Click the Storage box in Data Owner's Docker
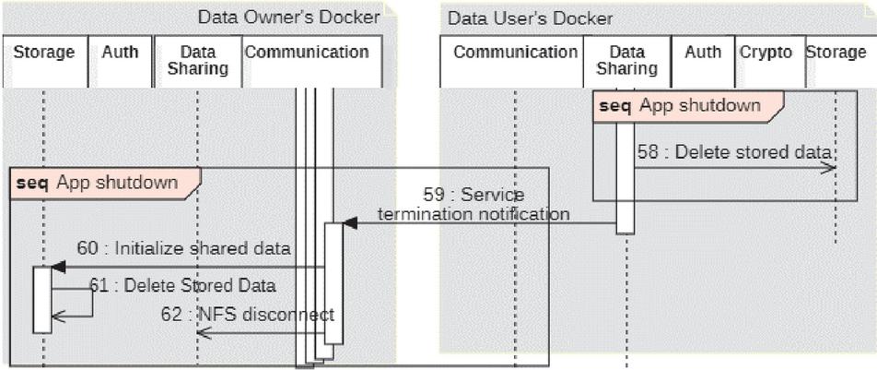[x=44, y=61]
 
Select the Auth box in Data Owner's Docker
[x=120, y=61]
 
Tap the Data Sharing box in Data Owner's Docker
[x=197, y=61]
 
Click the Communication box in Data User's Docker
[x=514, y=61]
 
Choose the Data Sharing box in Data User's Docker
[x=626, y=61]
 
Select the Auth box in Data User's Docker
[x=703, y=61]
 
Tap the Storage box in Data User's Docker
[x=836, y=61]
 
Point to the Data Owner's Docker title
[x=288, y=18]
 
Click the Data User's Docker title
[x=530, y=18]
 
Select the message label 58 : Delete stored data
[x=733, y=152]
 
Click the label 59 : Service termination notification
[x=474, y=205]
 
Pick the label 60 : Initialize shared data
[x=184, y=248]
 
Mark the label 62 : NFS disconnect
[x=248, y=315]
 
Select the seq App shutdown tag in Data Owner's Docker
[x=103, y=183]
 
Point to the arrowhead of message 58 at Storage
[x=831, y=167]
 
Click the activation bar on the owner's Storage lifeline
[x=42, y=299]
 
